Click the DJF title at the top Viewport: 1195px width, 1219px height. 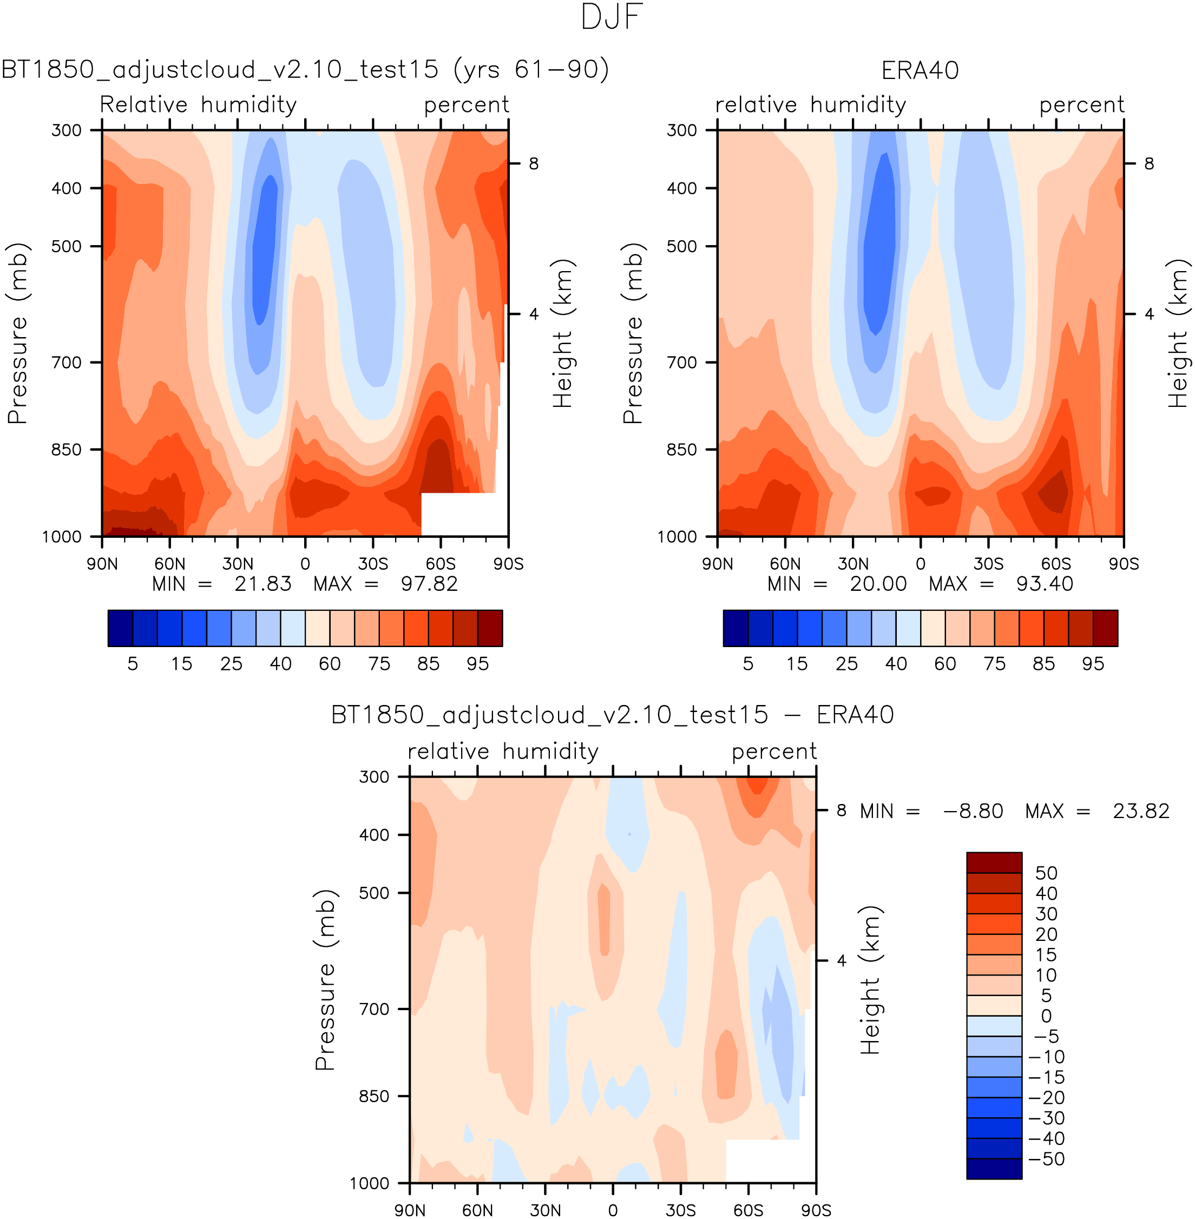point(612,17)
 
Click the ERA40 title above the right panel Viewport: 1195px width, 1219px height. point(920,70)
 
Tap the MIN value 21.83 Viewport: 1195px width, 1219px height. point(262,584)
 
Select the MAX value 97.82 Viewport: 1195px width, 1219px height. point(429,584)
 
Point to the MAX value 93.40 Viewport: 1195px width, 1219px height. point(1045,584)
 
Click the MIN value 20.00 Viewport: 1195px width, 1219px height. point(878,584)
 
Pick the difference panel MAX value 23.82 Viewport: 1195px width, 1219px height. point(1140,811)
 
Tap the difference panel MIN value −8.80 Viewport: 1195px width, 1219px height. point(973,811)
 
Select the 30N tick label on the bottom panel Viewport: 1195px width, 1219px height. point(545,1210)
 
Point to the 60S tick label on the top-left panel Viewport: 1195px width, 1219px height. point(440,563)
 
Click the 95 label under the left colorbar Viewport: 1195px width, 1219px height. point(478,664)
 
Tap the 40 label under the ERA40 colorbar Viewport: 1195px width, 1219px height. point(896,664)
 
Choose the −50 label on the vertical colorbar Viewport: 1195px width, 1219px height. point(1046,1159)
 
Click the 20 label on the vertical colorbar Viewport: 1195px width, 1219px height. point(1046,934)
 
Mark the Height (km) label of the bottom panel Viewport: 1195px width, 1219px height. point(870,980)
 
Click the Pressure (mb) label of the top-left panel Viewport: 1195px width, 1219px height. point(17,333)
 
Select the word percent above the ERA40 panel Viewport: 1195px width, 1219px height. point(1081,105)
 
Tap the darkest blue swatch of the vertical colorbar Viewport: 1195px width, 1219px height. point(994,1168)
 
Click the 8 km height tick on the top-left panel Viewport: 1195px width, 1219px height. point(534,164)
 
